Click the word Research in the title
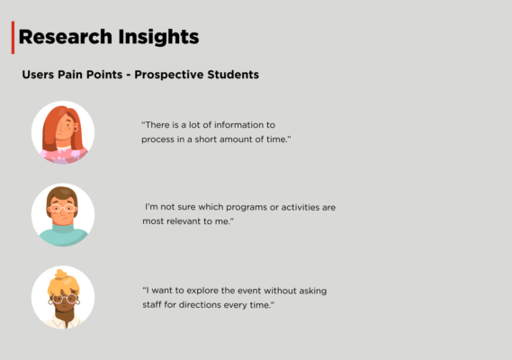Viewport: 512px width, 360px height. (66, 37)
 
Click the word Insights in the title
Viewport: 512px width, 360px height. (158, 38)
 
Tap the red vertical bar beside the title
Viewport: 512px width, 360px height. (13, 38)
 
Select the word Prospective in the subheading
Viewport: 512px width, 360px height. (168, 75)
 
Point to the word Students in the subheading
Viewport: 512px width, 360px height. (233, 75)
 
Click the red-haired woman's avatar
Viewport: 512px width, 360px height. (63, 132)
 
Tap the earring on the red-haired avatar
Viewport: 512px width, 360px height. (76, 128)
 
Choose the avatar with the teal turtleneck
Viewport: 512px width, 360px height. (63, 214)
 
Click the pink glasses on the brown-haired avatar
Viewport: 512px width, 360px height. (62, 209)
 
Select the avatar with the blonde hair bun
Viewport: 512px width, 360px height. (63, 297)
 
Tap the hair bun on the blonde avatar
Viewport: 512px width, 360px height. (61, 274)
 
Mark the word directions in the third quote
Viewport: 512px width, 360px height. (200, 305)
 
